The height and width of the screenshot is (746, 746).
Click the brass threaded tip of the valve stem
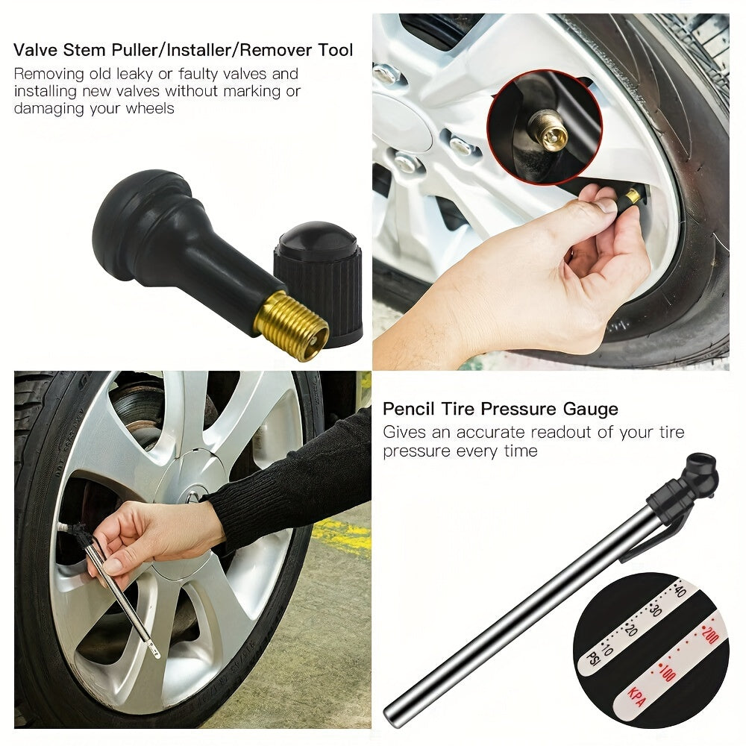(x=291, y=326)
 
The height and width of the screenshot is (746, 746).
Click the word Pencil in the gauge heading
(x=407, y=409)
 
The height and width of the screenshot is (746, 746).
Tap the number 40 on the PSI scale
(x=679, y=592)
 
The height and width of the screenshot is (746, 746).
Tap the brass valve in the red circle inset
(x=549, y=129)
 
